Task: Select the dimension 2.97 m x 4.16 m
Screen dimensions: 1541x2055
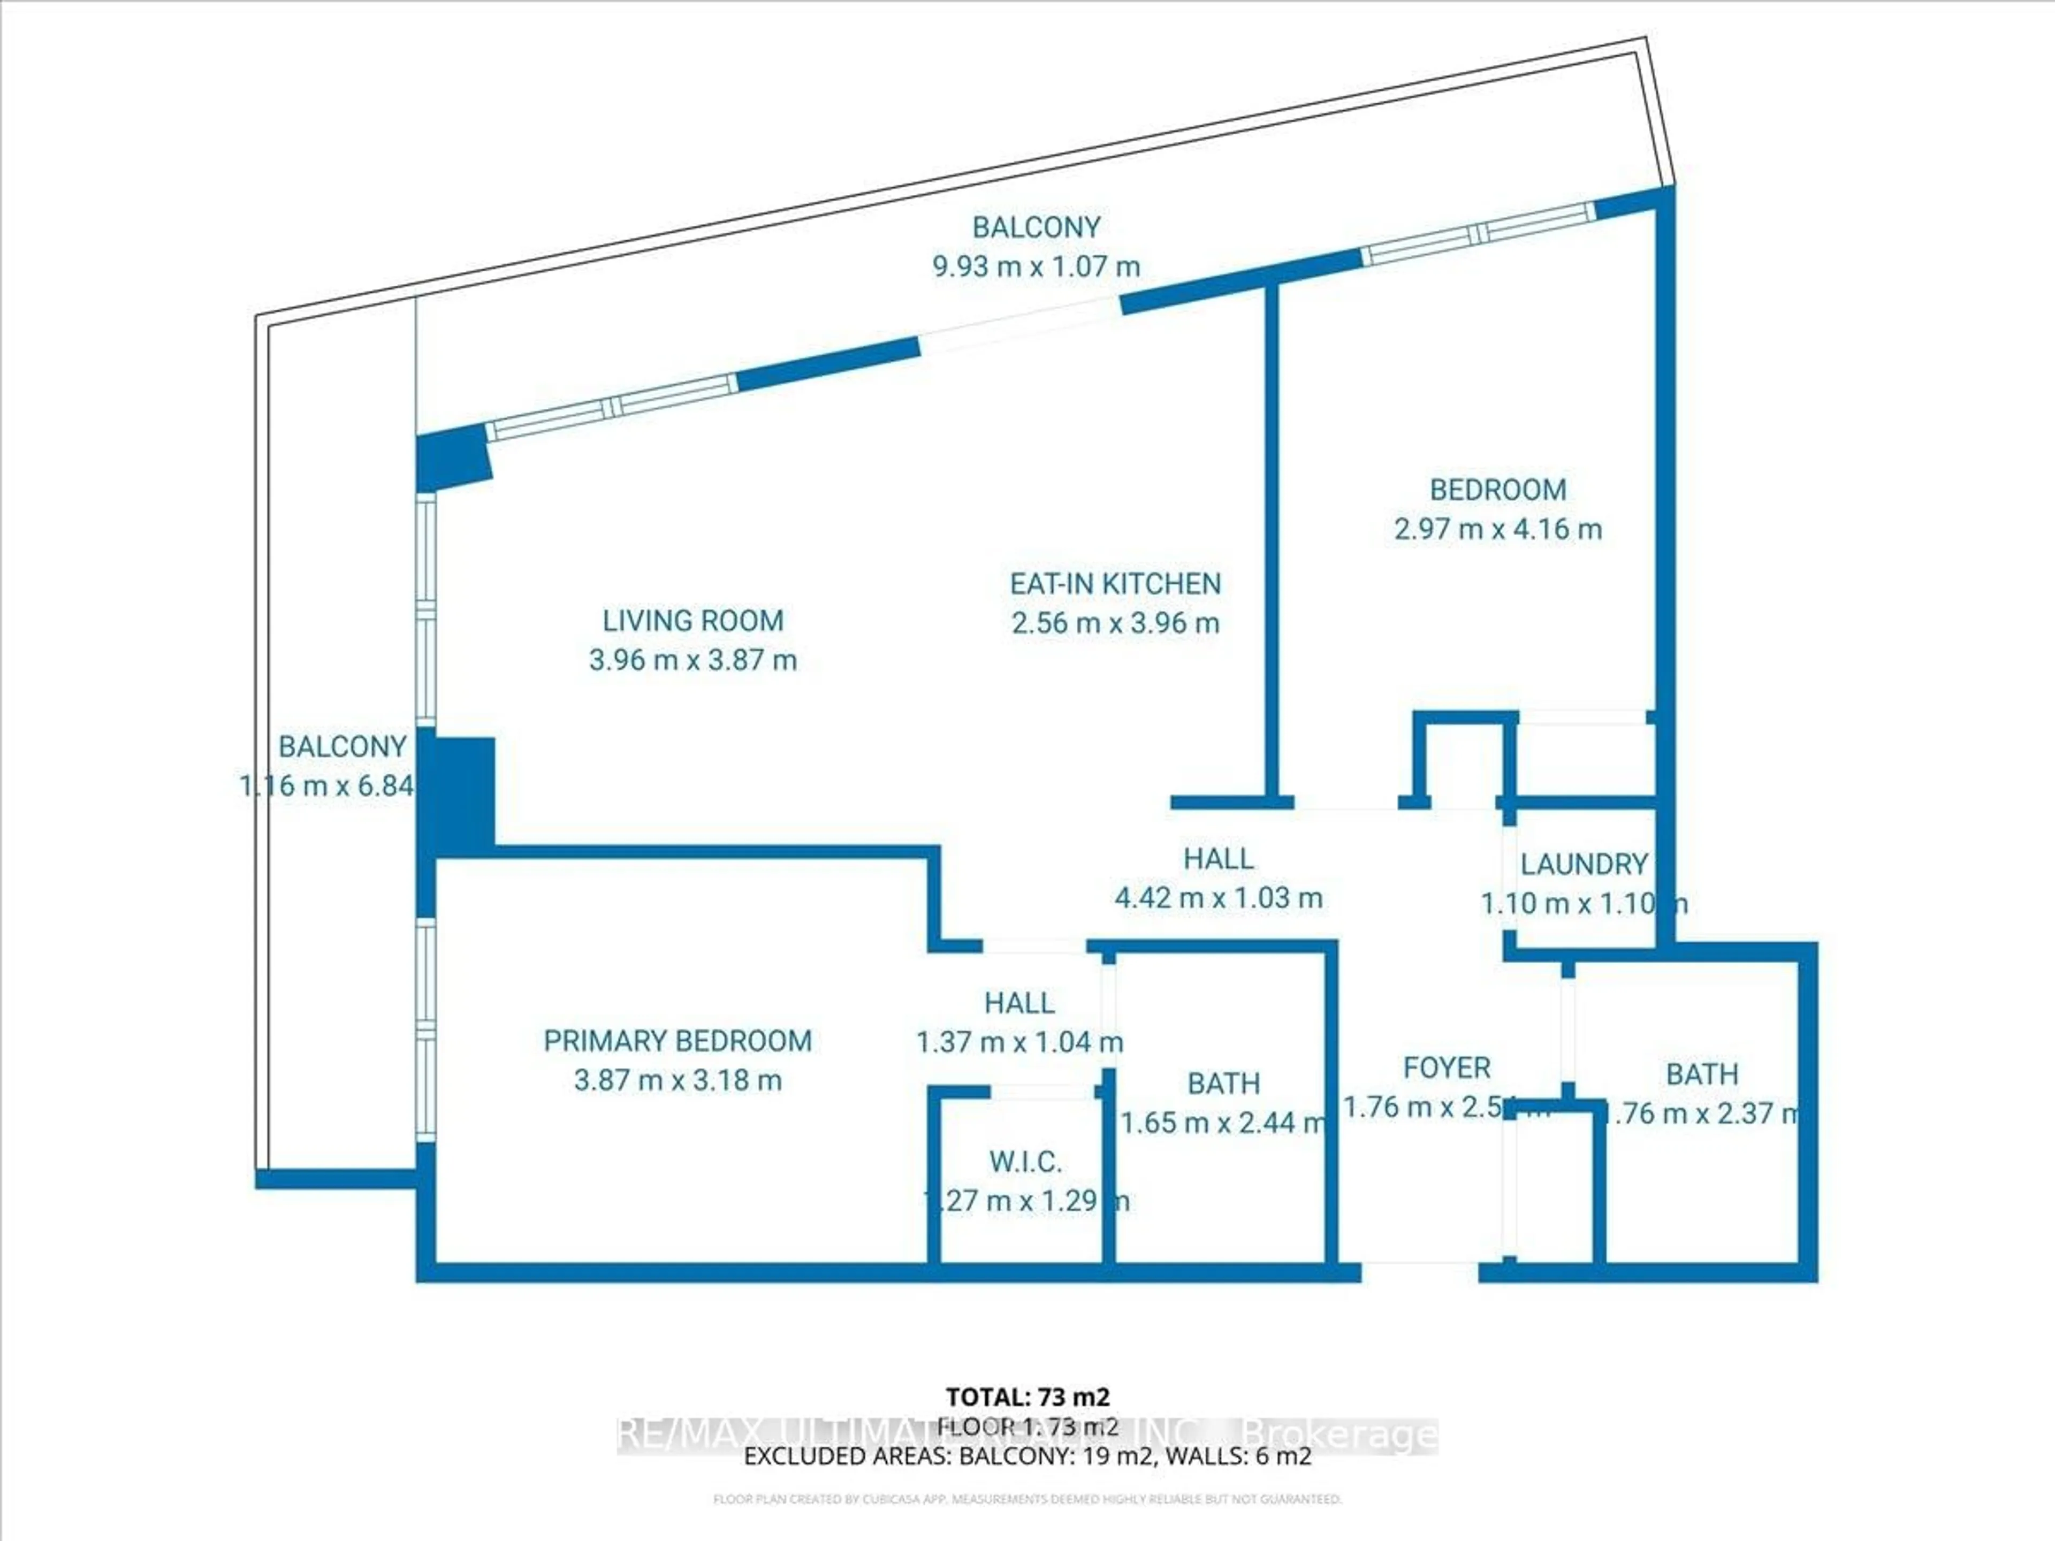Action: click(x=1497, y=530)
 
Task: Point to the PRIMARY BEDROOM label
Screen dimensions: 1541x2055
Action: click(x=678, y=1040)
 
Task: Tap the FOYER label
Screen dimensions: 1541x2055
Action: click(x=1447, y=1067)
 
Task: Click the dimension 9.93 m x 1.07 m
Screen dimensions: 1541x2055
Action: click(x=1036, y=266)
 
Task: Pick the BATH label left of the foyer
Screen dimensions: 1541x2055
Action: click(x=1223, y=1083)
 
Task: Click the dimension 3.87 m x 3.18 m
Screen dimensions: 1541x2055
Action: click(x=678, y=1080)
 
